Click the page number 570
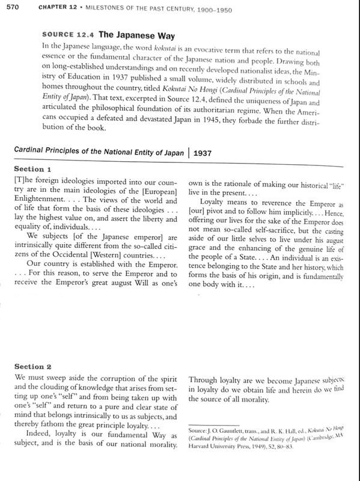[x=13, y=7]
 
